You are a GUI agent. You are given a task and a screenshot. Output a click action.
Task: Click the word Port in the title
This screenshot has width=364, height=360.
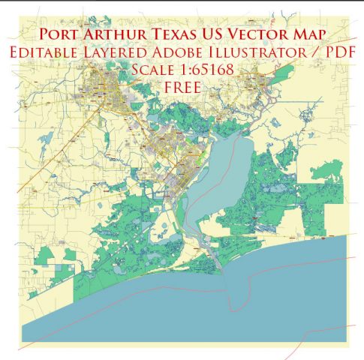(63, 34)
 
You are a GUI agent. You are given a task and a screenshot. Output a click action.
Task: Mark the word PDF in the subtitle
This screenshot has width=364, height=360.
(337, 52)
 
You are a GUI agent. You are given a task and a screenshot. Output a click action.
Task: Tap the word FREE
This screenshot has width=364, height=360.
(181, 87)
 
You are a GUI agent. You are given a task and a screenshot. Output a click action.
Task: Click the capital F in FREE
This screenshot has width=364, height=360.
(167, 87)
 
